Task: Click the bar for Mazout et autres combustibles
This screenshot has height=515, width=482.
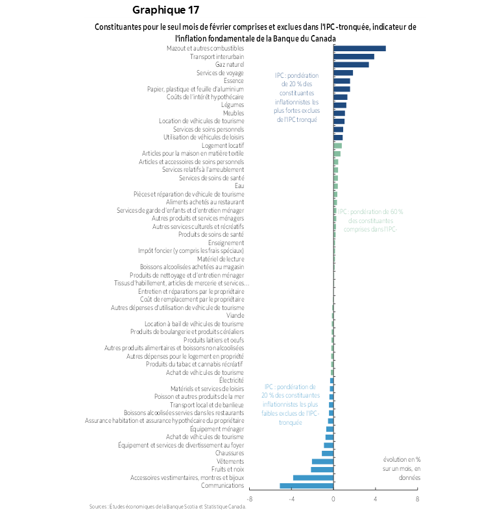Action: [359, 49]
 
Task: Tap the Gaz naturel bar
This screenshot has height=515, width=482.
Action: [351, 65]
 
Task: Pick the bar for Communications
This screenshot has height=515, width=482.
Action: [306, 486]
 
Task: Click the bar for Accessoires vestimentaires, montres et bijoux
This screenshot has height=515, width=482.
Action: [313, 477]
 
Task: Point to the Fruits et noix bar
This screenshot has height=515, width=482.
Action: [322, 469]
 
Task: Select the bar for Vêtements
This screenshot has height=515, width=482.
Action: [322, 461]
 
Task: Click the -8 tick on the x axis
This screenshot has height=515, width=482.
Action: [250, 499]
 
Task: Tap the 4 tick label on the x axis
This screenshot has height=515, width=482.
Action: [375, 499]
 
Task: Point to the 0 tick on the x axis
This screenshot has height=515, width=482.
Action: [333, 499]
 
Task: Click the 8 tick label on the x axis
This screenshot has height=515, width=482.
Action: [417, 499]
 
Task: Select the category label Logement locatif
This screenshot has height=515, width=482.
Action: [223, 146]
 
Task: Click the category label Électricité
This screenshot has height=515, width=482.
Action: [231, 380]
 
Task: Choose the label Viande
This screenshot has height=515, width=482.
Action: [235, 316]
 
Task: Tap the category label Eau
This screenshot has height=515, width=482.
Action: [239, 186]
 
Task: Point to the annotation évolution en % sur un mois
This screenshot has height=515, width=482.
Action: [402, 468]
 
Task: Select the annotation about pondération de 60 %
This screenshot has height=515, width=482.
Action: [370, 220]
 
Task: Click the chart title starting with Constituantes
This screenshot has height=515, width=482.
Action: [255, 32]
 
